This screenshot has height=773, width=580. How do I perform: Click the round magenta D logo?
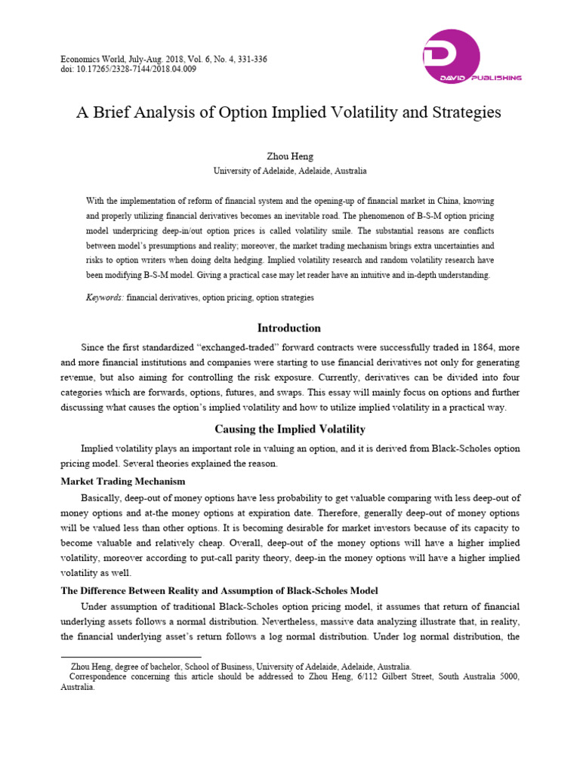(x=451, y=57)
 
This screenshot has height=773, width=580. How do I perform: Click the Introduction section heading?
(x=289, y=328)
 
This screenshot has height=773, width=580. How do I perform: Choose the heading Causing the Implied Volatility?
(x=289, y=430)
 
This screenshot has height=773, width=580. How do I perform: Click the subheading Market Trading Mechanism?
(x=122, y=481)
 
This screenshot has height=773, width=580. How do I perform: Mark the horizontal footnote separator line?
(x=130, y=657)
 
